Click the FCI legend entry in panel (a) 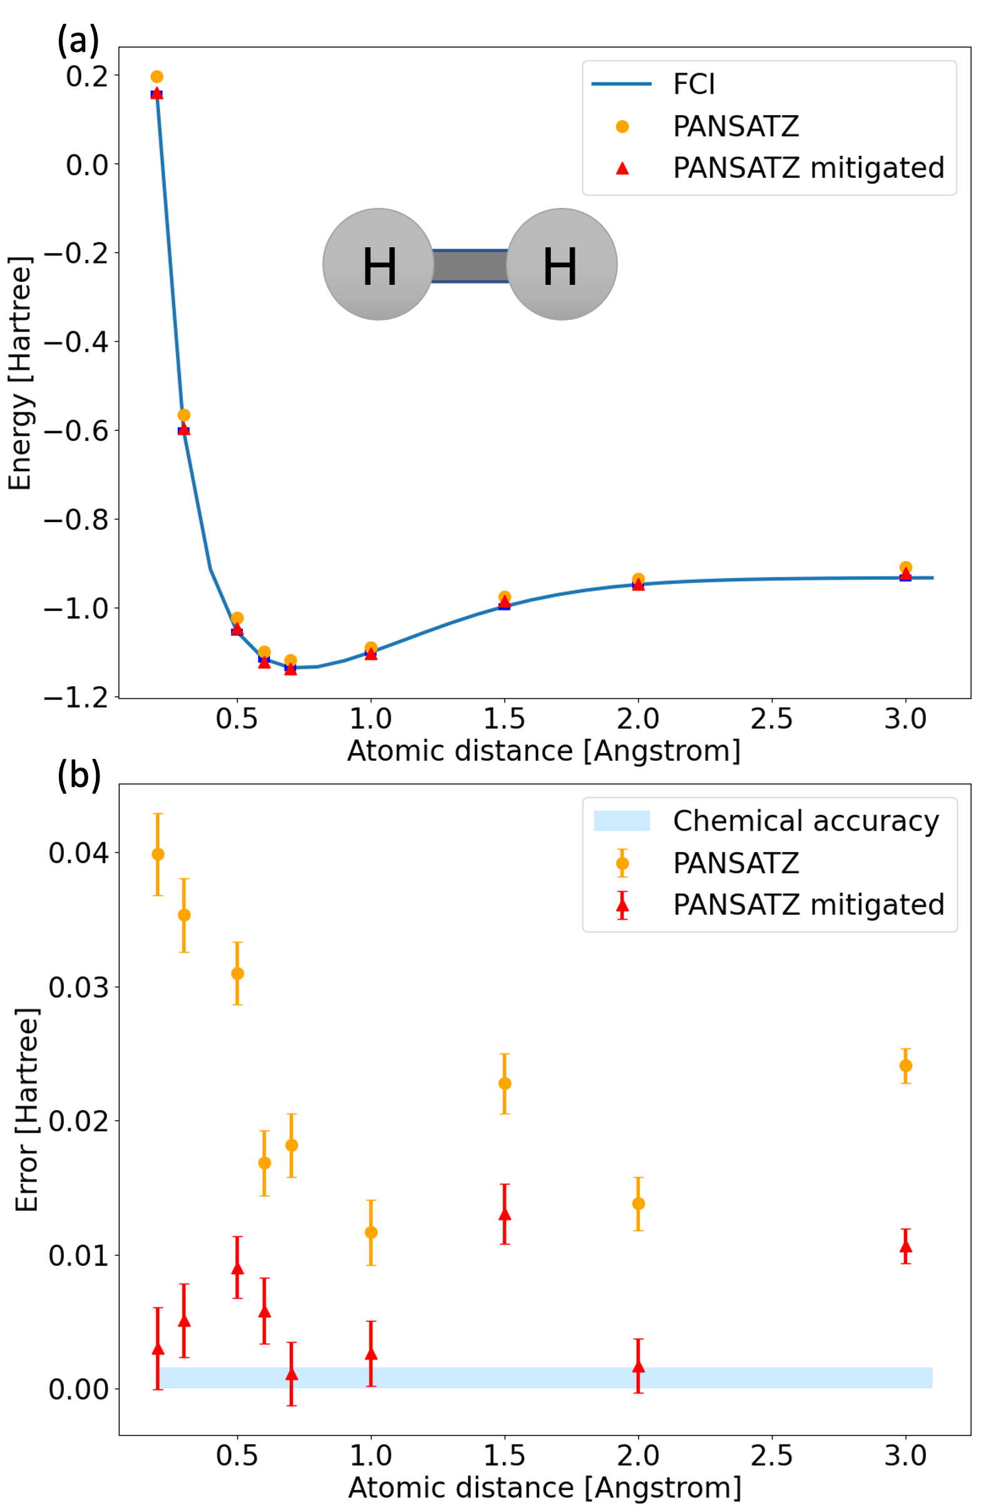click(x=693, y=85)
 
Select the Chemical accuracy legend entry click(x=805, y=821)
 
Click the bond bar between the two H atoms click(x=470, y=265)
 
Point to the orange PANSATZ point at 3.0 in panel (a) click(x=905, y=567)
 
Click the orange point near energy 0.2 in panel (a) click(x=157, y=77)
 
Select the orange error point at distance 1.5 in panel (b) click(x=505, y=1084)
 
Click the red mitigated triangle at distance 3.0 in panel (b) click(x=905, y=1246)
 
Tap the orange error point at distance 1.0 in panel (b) click(x=371, y=1233)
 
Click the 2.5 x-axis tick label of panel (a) click(x=771, y=719)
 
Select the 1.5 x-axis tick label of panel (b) click(x=505, y=1456)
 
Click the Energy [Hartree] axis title click(x=19, y=374)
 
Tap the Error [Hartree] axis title click(x=27, y=1109)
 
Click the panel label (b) click(x=79, y=776)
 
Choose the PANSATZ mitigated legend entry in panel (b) click(x=808, y=905)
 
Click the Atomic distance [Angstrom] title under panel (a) click(x=544, y=751)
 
